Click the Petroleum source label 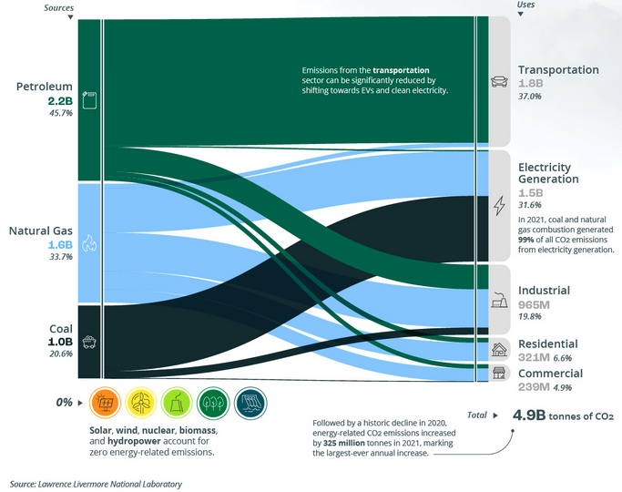(39, 87)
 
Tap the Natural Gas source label (36, 231)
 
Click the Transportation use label (558, 70)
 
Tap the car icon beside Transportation (500, 82)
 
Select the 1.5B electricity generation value (530, 194)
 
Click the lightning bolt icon (499, 207)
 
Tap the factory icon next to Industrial (500, 301)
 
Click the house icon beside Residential (500, 348)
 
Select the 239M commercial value (533, 387)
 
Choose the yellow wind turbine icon (143, 403)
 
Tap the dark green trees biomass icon (214, 403)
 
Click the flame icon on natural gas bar (89, 242)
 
